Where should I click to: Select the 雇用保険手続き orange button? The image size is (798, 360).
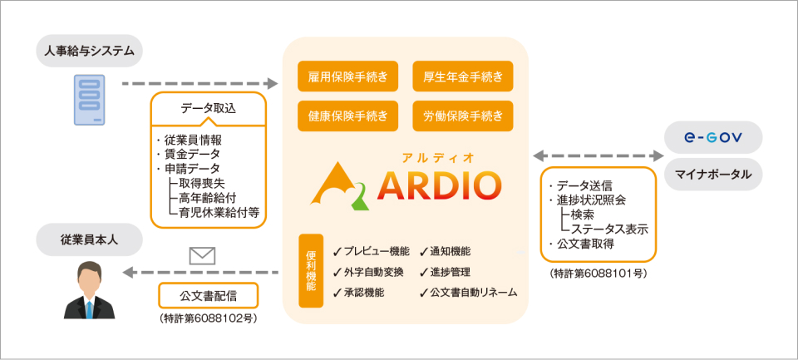(347, 77)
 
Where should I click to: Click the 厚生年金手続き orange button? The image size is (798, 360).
(462, 77)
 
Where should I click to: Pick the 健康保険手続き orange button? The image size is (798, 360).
(347, 116)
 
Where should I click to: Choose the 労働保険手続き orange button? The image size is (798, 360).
(462, 116)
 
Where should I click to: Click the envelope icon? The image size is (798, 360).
(202, 255)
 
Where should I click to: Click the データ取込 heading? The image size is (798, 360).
(208, 108)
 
